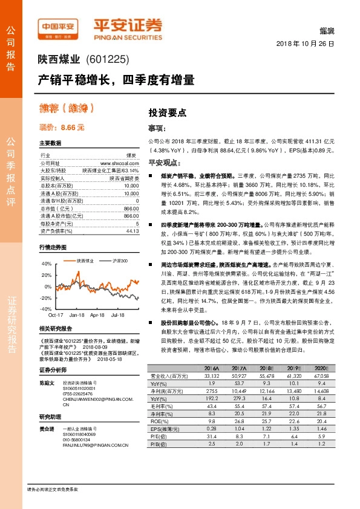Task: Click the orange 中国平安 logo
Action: (x=59, y=26)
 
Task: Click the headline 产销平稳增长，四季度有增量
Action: (x=116, y=79)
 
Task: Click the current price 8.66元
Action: (x=62, y=128)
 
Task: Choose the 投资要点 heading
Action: (x=168, y=112)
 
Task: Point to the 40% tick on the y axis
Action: (x=47, y=264)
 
